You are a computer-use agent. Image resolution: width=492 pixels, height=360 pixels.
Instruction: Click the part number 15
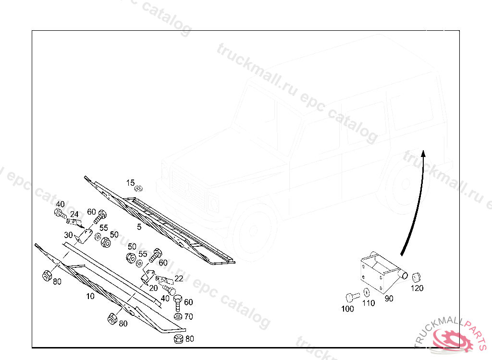click(x=131, y=183)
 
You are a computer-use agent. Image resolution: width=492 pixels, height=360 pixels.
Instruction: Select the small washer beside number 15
click(x=139, y=188)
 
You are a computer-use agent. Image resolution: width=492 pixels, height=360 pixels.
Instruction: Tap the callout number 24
click(x=74, y=214)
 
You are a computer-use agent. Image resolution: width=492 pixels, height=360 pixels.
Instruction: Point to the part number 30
click(x=68, y=235)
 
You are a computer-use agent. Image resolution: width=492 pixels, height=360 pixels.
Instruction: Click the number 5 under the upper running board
click(x=139, y=227)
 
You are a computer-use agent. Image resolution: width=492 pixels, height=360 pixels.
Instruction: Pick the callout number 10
click(x=90, y=296)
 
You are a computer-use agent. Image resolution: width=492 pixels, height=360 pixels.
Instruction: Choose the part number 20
click(x=153, y=288)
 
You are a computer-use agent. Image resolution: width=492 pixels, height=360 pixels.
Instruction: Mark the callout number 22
click(x=179, y=278)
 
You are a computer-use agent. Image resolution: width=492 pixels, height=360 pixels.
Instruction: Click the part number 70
click(x=188, y=316)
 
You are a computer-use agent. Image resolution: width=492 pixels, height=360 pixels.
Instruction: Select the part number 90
click(x=389, y=299)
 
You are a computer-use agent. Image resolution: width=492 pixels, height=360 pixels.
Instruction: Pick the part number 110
click(x=369, y=303)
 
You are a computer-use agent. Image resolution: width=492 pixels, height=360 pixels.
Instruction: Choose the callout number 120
click(x=417, y=288)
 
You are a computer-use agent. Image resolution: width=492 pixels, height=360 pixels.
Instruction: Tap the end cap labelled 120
click(x=416, y=277)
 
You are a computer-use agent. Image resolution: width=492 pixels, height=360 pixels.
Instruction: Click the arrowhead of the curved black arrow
click(x=423, y=153)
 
